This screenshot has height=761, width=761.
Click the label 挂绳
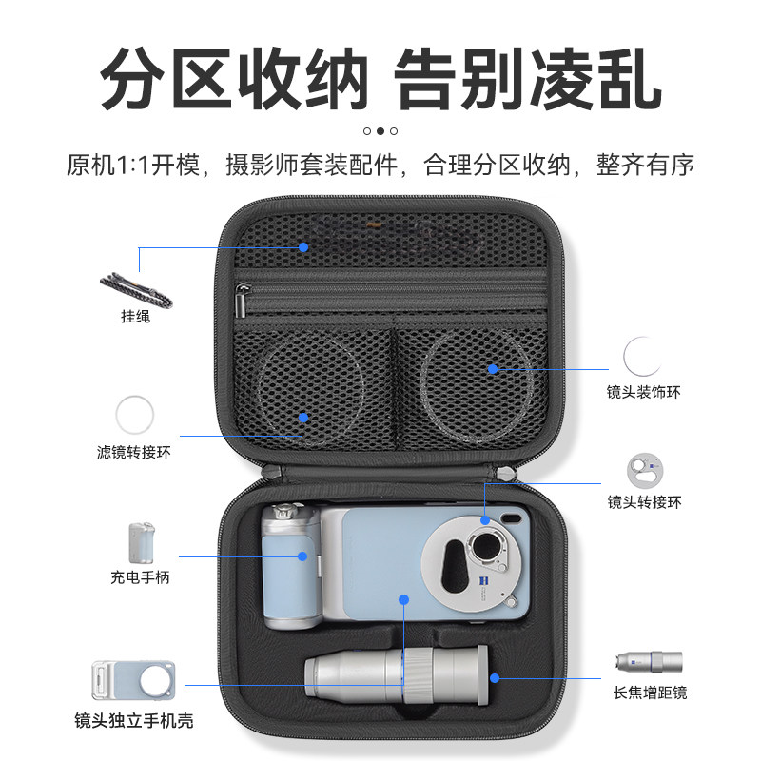136,317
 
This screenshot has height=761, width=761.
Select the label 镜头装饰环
644,391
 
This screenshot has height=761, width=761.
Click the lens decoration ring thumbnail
643,357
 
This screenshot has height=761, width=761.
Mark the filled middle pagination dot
380,131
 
